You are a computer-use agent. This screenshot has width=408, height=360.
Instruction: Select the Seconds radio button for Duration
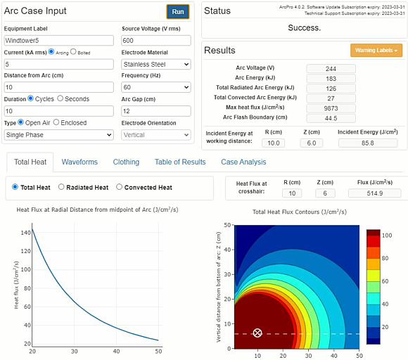point(60,98)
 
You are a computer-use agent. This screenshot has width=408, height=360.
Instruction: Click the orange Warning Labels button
point(376,51)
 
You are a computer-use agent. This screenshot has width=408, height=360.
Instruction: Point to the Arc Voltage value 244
point(331,68)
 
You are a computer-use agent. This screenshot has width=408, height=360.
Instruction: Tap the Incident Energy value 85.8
point(368,143)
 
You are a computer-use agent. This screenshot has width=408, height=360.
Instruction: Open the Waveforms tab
point(79,162)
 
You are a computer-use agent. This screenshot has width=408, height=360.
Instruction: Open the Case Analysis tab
point(243,162)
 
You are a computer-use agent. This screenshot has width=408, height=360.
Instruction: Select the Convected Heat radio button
point(119,187)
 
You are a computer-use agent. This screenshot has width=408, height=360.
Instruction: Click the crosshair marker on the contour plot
point(257,333)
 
